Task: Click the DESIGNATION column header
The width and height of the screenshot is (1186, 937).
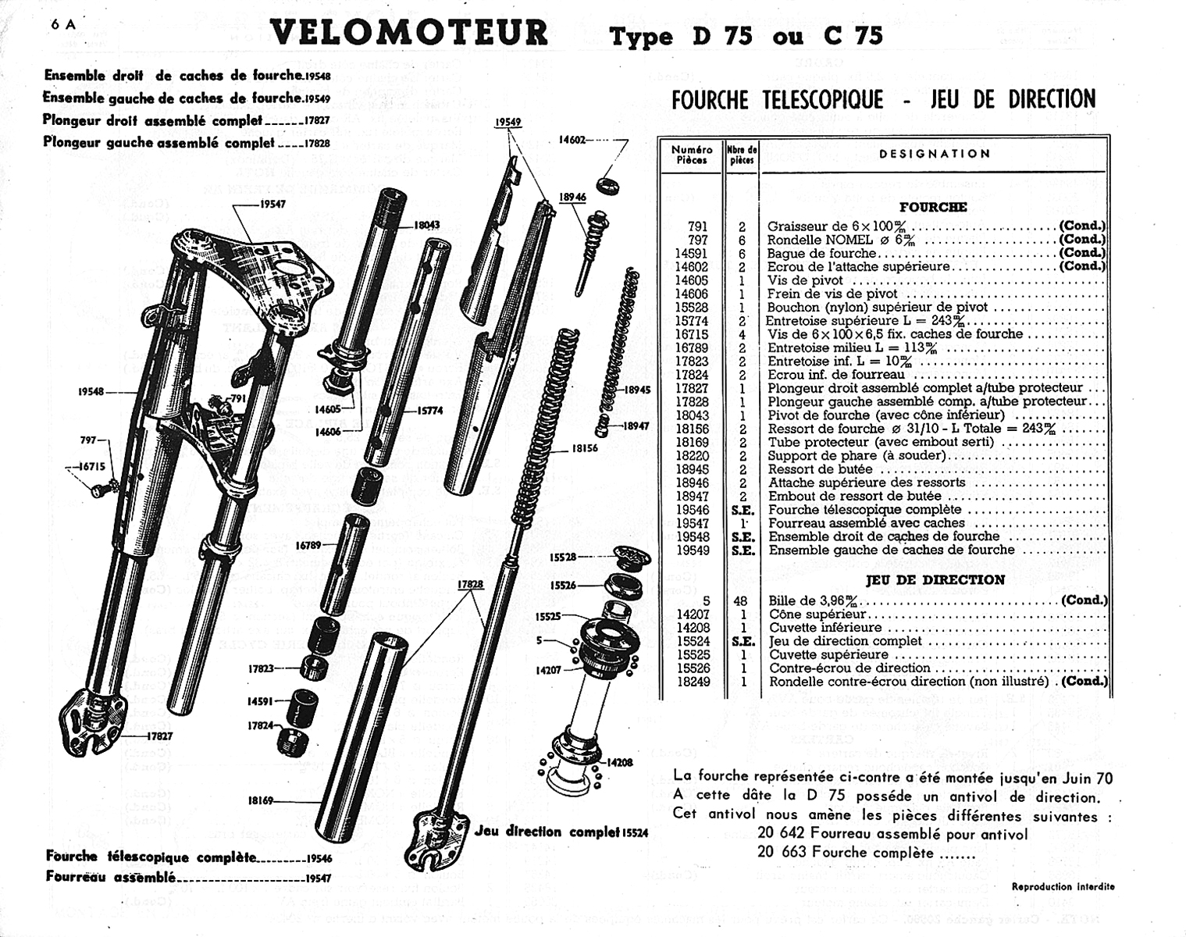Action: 935,154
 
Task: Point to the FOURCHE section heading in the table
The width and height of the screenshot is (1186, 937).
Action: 933,208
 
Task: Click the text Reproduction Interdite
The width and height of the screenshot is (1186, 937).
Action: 1063,886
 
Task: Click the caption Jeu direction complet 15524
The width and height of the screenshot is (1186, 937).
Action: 561,832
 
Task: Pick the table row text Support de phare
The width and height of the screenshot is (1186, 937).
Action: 857,455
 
